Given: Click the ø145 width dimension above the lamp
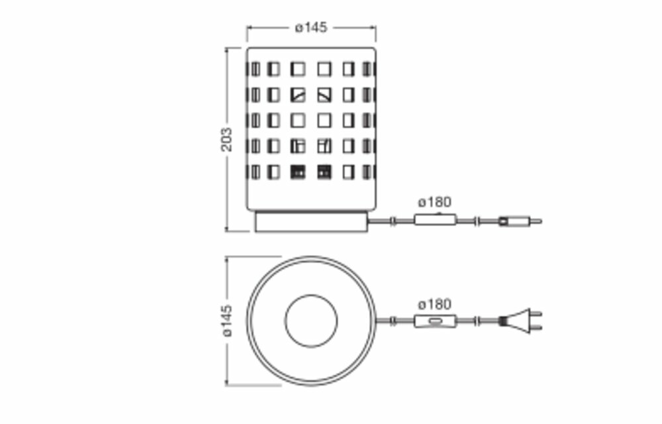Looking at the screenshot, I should coord(311,27).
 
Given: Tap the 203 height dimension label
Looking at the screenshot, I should coord(227,139).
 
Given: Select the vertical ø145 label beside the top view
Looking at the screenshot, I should coord(227,321).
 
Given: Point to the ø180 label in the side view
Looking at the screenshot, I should coord(434,203).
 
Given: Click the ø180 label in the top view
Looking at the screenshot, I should coord(434,304).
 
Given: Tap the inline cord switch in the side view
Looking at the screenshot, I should coord(435,220).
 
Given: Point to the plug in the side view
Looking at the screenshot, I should coord(520,221).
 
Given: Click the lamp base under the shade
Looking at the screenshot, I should coord(311,222).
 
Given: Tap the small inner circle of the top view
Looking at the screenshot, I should coord(311,321).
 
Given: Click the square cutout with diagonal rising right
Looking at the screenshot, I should coord(298,94).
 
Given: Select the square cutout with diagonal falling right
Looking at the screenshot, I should coord(324,94).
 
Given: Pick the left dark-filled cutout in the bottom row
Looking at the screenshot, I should coord(298,172).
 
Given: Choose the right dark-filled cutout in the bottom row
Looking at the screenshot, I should coord(324,172).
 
